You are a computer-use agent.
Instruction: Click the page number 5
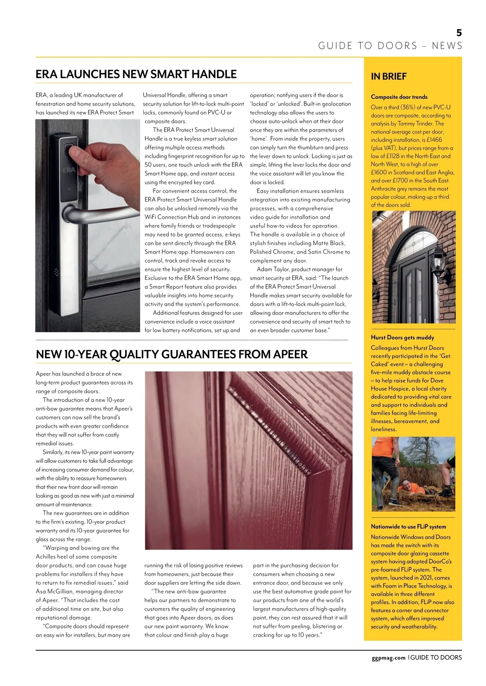click(459, 33)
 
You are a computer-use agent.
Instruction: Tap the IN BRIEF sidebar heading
click(388, 76)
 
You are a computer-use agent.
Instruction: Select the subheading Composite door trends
click(399, 97)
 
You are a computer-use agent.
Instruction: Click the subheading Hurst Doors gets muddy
click(402, 337)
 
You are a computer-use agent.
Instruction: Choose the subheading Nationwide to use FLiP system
click(408, 526)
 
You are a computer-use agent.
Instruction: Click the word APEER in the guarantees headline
click(290, 354)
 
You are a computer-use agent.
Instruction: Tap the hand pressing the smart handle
click(93, 162)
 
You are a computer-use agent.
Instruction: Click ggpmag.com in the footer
click(388, 658)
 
